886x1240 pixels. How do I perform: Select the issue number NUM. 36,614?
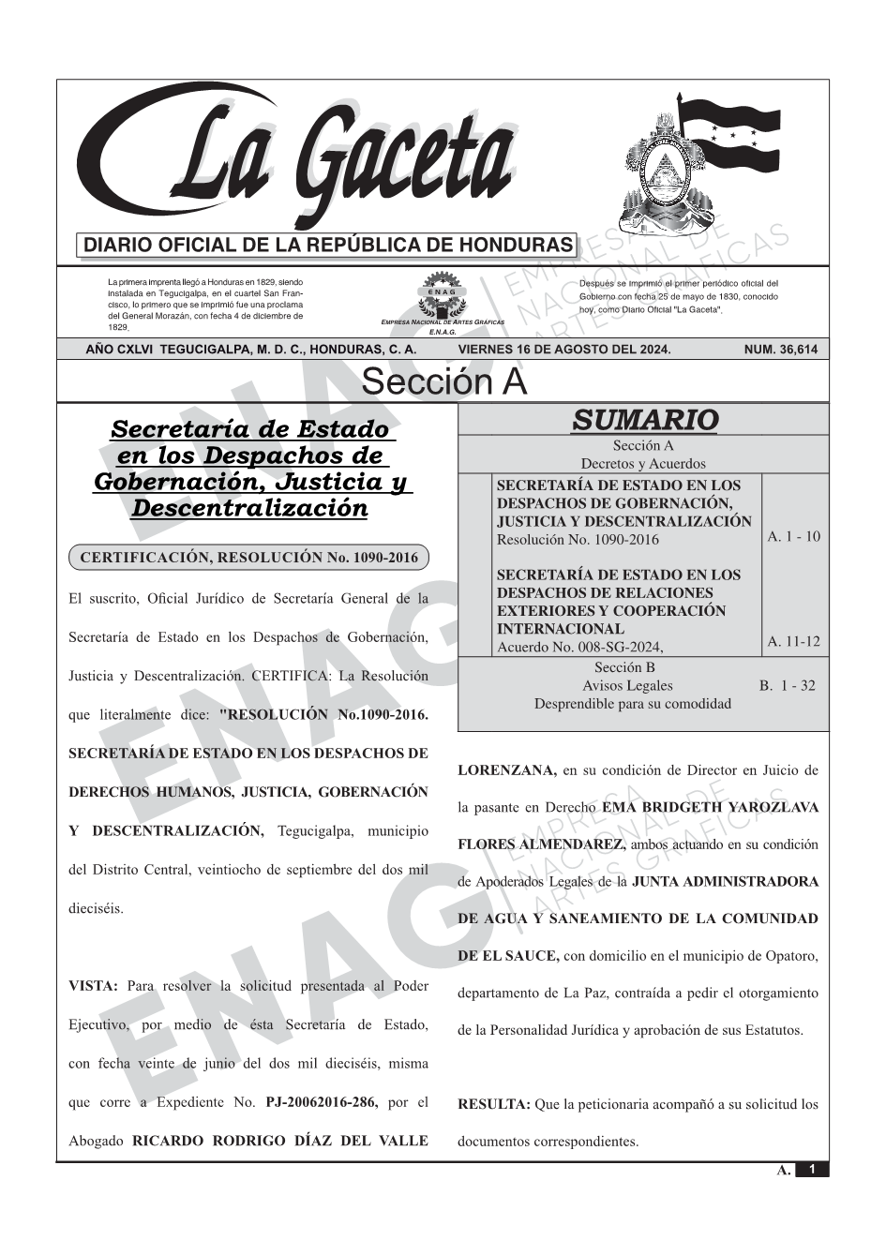[x=780, y=350]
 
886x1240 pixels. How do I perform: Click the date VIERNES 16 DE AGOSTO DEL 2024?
[x=564, y=350]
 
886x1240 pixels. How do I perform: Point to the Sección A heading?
[x=443, y=382]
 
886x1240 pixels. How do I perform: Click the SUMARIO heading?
[x=644, y=420]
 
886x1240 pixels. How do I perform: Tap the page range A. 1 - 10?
[x=793, y=537]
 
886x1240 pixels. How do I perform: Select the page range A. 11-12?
[x=793, y=642]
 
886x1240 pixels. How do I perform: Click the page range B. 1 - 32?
[x=788, y=686]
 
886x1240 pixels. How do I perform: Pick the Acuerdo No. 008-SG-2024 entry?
[x=579, y=647]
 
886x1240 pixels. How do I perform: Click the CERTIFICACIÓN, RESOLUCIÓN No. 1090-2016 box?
[x=249, y=558]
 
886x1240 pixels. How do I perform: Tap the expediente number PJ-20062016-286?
[x=322, y=1102]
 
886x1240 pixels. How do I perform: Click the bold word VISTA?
[x=93, y=986]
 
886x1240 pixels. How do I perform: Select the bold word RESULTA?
[x=494, y=1104]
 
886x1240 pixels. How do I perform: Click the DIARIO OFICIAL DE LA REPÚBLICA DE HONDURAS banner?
[x=328, y=246]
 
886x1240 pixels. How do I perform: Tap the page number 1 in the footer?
[x=813, y=1170]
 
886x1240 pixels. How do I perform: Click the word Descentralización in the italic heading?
[x=249, y=509]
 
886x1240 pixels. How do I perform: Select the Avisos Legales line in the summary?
[x=627, y=686]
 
